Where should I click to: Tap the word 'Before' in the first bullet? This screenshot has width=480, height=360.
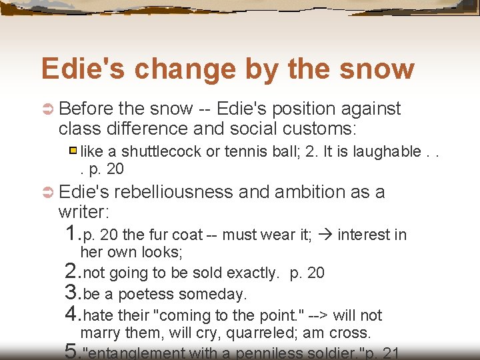[x=87, y=109]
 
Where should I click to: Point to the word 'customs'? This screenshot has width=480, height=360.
[x=323, y=128]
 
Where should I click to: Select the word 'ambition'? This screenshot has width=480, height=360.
[x=319, y=192]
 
